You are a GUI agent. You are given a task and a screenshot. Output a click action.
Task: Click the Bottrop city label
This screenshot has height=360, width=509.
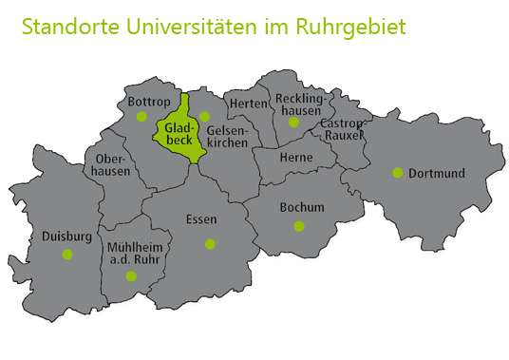coord(147,100)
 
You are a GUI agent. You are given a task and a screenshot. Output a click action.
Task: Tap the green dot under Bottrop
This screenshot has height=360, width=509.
coord(141,117)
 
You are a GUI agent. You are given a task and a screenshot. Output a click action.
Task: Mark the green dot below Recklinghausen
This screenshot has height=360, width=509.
coord(293,122)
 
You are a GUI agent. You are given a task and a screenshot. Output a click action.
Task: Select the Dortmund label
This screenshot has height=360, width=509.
coord(437,173)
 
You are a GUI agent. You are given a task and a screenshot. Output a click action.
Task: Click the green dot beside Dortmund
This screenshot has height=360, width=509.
coord(398,173)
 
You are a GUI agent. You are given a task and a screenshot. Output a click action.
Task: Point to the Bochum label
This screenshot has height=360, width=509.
coord(302,207)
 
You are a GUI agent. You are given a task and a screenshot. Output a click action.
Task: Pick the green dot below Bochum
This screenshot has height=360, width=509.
coord(299,226)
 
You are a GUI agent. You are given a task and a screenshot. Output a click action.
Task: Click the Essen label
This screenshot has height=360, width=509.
coord(201,219)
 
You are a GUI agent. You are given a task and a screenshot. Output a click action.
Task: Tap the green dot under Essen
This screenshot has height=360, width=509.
coord(210,244)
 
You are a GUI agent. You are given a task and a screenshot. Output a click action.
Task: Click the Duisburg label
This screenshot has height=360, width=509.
coord(66,237)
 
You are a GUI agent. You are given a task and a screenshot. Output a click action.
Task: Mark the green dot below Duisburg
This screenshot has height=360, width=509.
coord(66,255)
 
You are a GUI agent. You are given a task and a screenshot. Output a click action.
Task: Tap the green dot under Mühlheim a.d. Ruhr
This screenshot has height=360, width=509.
coord(131,276)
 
